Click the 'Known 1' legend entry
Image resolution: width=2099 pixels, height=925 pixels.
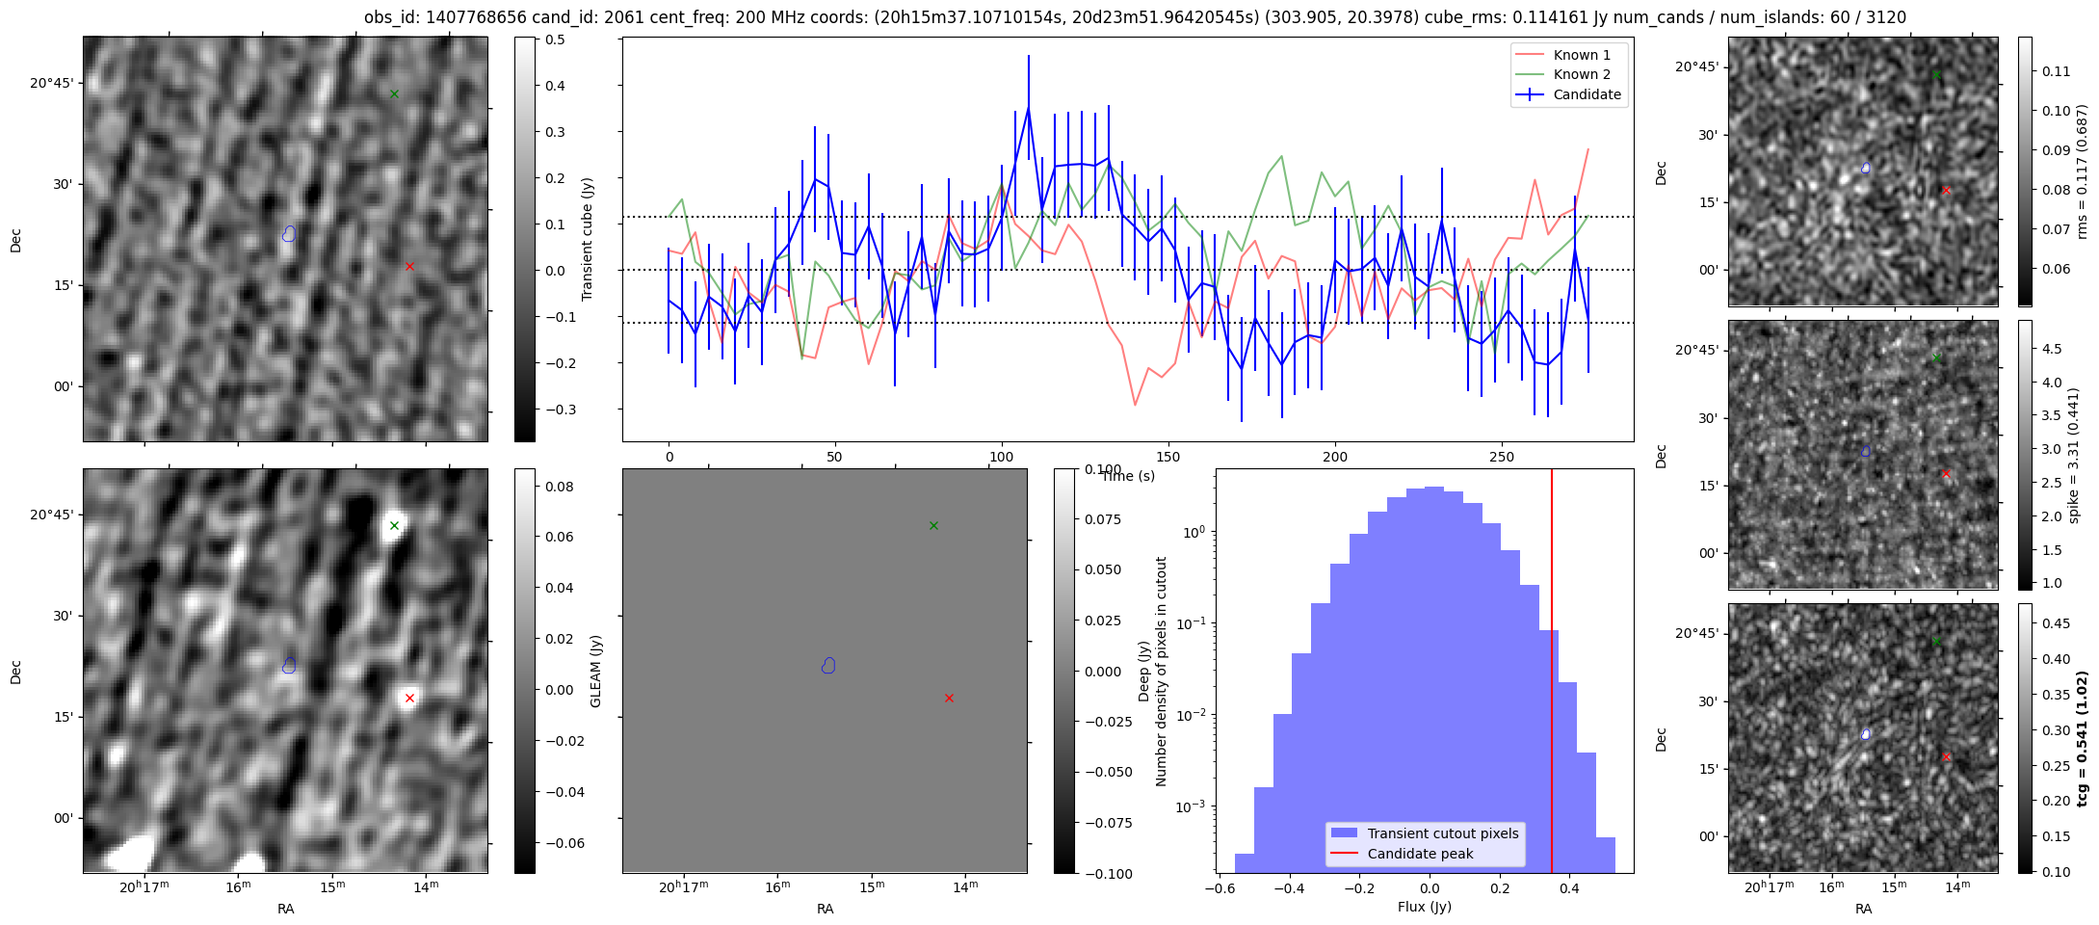point(1581,55)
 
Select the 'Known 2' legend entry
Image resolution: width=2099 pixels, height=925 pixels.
point(1581,74)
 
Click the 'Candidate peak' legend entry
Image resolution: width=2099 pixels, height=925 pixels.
point(1420,854)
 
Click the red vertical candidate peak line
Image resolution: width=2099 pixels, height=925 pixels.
point(1552,674)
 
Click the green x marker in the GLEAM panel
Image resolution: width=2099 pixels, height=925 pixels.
point(933,525)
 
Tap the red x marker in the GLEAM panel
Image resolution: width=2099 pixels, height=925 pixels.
point(949,698)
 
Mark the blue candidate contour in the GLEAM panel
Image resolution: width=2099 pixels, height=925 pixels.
point(828,665)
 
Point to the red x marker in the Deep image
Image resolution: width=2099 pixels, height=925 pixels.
point(409,698)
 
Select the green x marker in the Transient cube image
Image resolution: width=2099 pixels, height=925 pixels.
point(394,93)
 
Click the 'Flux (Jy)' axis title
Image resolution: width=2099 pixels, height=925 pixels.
point(1424,907)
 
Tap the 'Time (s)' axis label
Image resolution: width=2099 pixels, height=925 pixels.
point(1128,476)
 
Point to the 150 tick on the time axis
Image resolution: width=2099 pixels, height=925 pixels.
point(1168,457)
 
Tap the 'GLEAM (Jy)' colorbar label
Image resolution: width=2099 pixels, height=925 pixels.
point(595,671)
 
